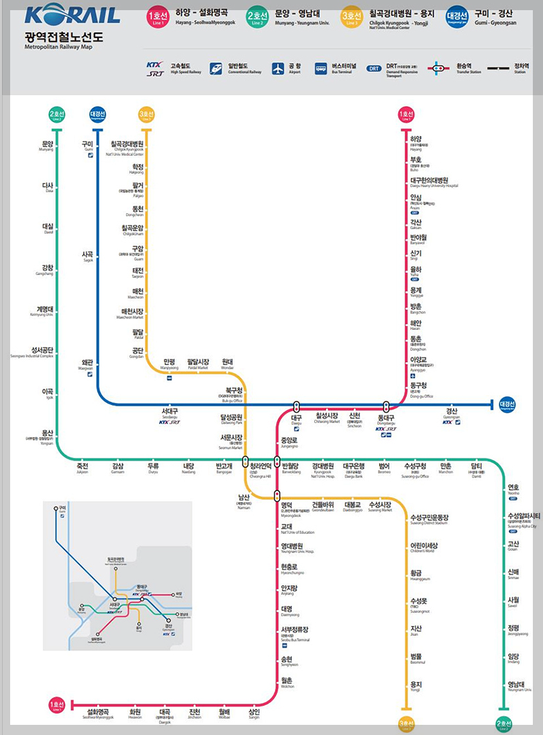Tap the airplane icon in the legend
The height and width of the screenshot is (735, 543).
point(278,68)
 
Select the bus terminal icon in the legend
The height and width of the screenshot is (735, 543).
point(321,68)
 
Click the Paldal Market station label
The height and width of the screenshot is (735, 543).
point(198,364)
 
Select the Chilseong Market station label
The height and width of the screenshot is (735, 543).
point(327,418)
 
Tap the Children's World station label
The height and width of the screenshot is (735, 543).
point(424,547)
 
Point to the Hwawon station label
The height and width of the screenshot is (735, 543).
point(135,714)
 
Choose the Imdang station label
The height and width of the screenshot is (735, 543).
point(515,658)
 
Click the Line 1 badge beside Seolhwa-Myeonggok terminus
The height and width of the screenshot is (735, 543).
point(56,707)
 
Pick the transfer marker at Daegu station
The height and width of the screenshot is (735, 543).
point(297,406)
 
